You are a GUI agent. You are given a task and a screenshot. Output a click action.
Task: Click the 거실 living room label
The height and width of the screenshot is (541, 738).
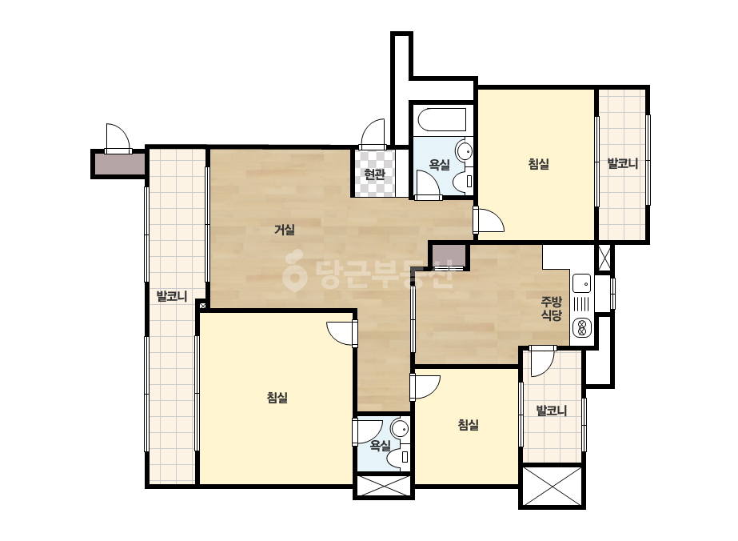click(x=285, y=230)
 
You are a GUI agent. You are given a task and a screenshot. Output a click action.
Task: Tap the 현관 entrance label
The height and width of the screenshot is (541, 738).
click(x=375, y=174)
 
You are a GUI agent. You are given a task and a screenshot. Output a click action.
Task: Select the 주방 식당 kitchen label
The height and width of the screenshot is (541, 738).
click(x=551, y=308)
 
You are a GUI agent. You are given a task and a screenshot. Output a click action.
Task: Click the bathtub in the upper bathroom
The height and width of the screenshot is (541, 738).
click(x=442, y=120)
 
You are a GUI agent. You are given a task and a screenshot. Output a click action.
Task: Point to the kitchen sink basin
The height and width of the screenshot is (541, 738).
click(x=582, y=283)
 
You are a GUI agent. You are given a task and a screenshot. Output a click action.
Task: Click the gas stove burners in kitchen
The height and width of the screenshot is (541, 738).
click(x=582, y=327)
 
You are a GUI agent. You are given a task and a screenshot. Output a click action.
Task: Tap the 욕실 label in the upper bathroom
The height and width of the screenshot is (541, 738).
click(x=439, y=165)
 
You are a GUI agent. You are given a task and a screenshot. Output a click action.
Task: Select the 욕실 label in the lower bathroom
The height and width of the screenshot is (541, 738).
click(x=380, y=445)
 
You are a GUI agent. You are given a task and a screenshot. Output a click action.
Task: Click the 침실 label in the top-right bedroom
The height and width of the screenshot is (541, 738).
click(x=538, y=164)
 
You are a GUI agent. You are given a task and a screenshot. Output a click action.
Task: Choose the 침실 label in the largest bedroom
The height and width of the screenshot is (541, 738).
click(x=277, y=398)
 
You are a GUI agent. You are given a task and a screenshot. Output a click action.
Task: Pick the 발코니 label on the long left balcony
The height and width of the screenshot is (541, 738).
click(x=172, y=296)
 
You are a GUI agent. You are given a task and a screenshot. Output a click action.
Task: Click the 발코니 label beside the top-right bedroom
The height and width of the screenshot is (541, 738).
click(x=623, y=163)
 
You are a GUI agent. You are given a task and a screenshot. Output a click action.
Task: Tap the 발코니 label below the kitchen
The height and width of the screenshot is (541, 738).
click(x=552, y=411)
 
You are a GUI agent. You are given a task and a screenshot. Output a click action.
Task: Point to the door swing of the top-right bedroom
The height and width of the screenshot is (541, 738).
click(x=489, y=220)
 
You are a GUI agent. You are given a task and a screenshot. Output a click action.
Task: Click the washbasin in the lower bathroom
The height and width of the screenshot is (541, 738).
click(x=401, y=429)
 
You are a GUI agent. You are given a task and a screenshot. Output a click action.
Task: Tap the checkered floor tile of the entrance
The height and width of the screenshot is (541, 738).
click(x=375, y=173)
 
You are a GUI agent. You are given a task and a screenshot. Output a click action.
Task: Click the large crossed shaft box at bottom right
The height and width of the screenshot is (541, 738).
click(x=552, y=487)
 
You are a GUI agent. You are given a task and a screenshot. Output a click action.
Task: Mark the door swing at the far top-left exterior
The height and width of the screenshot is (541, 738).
click(x=118, y=138)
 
